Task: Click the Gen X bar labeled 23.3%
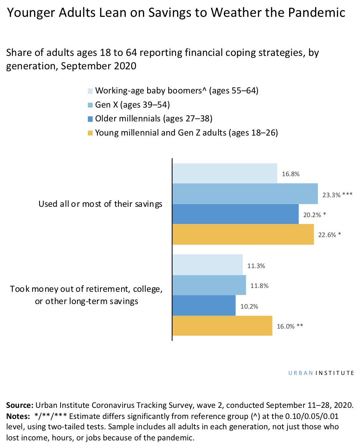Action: point(245,194)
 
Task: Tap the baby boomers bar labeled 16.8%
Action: point(225,173)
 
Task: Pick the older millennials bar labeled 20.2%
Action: point(235,214)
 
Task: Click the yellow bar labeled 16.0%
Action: point(222,326)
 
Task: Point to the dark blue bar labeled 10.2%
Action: point(204,306)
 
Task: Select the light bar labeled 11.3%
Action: point(207,265)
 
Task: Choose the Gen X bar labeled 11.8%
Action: point(209,285)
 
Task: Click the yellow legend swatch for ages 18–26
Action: point(90,133)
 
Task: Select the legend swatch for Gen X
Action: point(90,105)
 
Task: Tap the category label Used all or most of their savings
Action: point(100,204)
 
